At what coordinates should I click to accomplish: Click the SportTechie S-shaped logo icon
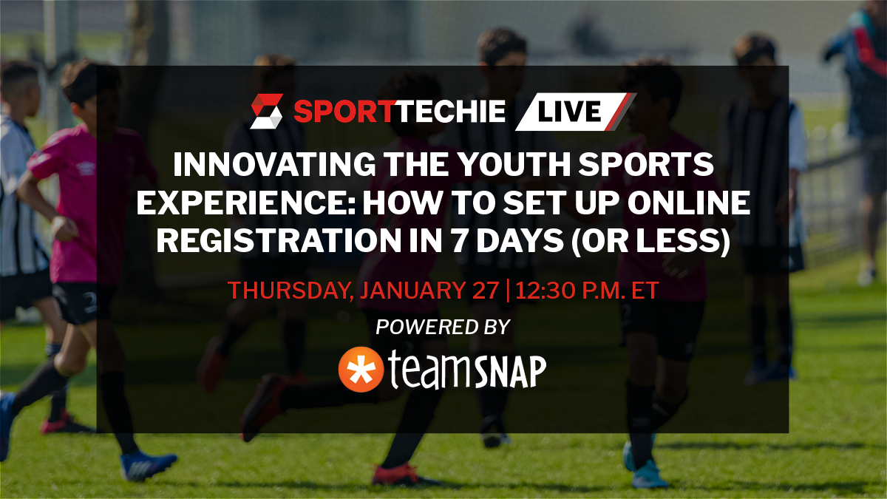267,112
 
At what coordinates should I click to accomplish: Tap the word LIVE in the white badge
569,112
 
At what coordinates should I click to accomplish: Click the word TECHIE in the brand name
450,112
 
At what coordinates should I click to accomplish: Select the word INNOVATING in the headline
274,164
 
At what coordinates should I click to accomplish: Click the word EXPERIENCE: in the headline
246,203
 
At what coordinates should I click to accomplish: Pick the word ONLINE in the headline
689,203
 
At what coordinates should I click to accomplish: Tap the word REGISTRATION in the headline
279,240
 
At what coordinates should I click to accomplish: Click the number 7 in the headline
459,240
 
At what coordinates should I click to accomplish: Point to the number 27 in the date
486,291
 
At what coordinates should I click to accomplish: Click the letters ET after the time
645,291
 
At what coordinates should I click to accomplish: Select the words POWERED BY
443,327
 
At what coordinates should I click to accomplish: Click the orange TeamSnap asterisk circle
361,370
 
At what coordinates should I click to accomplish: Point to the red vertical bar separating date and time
508,291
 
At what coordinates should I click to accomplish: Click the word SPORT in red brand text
344,112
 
